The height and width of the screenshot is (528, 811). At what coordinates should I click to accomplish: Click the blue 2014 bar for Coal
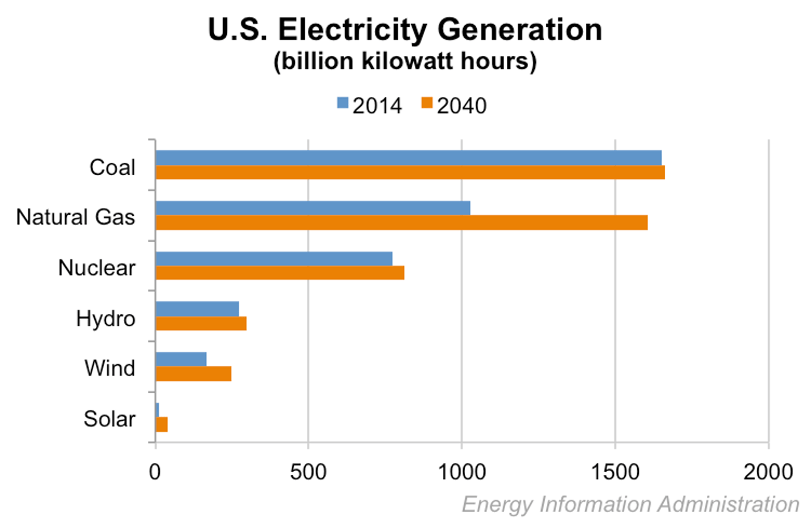(408, 158)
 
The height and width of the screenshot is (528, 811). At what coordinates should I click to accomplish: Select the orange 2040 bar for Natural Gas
(401, 222)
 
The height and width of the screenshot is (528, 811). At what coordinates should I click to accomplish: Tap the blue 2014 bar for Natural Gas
(312, 208)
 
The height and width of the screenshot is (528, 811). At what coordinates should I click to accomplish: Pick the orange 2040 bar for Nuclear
(279, 273)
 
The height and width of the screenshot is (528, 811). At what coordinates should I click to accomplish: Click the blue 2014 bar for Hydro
(197, 309)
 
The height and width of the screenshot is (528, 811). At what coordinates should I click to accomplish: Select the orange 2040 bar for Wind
(193, 374)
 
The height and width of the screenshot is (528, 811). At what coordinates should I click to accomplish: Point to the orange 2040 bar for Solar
(162, 424)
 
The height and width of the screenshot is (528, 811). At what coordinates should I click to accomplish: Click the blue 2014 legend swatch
(343, 103)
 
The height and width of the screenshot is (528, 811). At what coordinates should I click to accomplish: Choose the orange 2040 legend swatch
(427, 103)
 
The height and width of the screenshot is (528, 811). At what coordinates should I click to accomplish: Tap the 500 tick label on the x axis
(308, 472)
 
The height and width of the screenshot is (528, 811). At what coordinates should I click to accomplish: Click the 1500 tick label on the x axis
(615, 472)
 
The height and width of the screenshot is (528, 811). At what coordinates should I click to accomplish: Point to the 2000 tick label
(768, 472)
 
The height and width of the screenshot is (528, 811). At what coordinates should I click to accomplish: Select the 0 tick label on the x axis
(155, 472)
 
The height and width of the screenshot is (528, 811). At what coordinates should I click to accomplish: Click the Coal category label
(112, 168)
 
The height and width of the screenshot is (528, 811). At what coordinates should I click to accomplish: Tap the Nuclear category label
(97, 268)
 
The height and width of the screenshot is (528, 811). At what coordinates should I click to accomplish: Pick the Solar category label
(110, 419)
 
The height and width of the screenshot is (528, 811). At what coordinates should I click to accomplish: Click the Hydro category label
(106, 318)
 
